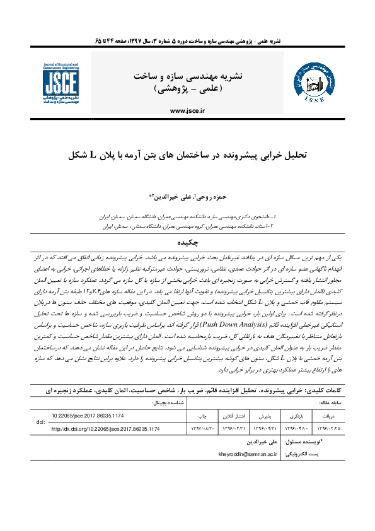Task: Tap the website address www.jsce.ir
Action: [x=187, y=110]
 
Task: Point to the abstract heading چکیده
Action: [x=187, y=242]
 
